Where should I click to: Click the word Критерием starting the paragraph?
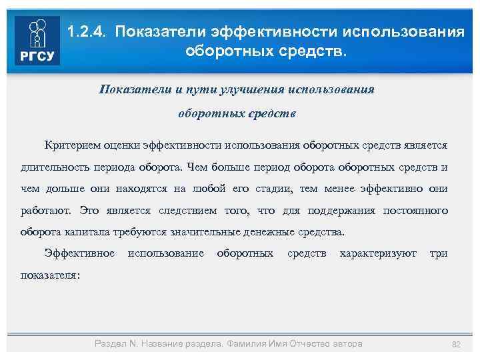pyautogui.click(x=69, y=145)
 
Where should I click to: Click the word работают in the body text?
pyautogui.click(x=46, y=211)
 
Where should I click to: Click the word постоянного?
pyautogui.click(x=417, y=211)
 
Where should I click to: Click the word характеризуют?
pyautogui.click(x=378, y=254)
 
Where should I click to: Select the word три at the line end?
pyautogui.click(x=439, y=254)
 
